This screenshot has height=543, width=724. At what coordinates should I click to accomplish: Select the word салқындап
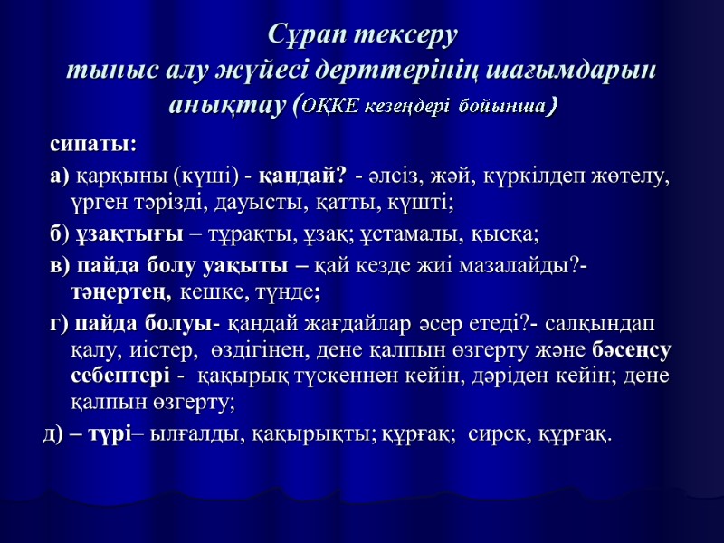click(x=604, y=324)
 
